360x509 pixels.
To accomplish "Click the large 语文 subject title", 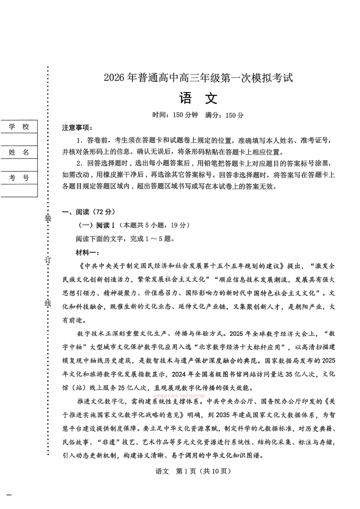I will (198, 99).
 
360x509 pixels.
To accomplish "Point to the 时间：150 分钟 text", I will (175, 115).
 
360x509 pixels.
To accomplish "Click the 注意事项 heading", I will (77, 128).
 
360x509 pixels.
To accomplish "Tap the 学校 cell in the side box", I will (19, 127).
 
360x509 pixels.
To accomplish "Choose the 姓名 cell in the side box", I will (19, 152).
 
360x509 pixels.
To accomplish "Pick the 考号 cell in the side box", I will (19, 178).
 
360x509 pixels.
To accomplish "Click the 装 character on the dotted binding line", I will (48, 218).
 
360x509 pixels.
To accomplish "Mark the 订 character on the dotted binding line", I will (48, 260).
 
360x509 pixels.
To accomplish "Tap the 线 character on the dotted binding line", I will (48, 303).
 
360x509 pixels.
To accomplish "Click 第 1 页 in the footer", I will (186, 471).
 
